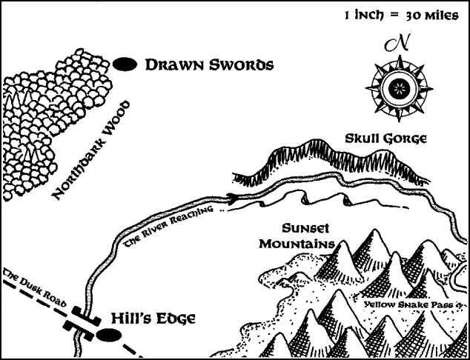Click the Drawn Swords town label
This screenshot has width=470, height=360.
[210, 65]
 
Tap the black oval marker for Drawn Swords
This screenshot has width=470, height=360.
[128, 65]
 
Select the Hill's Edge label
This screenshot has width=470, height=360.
[153, 319]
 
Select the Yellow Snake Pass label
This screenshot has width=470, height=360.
[411, 304]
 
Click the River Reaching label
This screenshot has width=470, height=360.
[175, 223]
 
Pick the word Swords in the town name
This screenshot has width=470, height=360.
[241, 65]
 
